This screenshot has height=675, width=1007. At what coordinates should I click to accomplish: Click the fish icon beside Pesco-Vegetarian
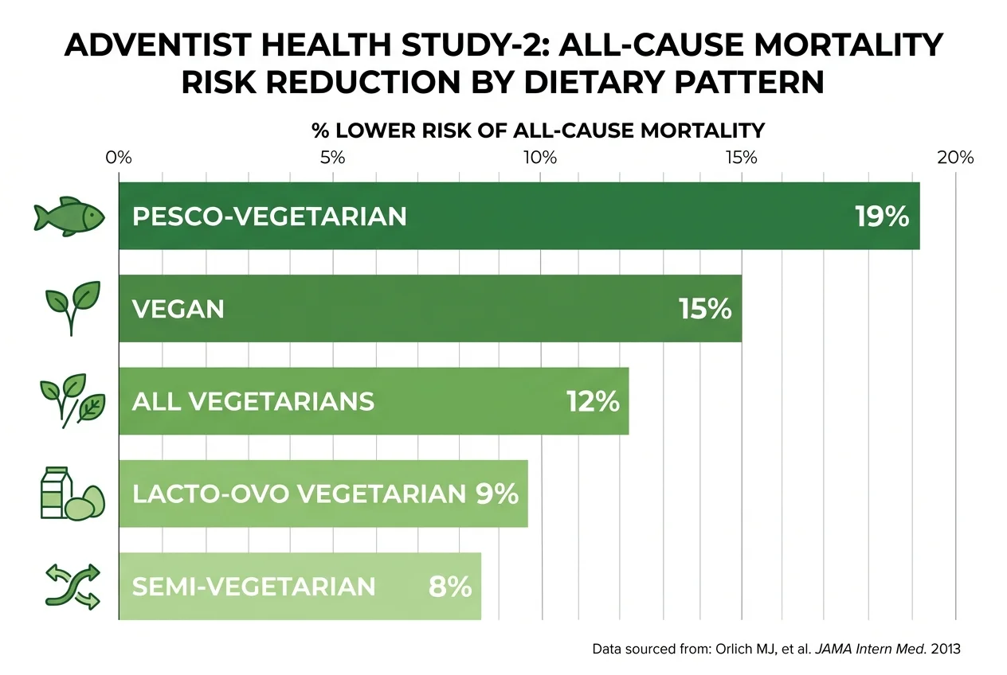click(x=70, y=216)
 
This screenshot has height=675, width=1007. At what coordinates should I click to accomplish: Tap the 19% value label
click(x=882, y=217)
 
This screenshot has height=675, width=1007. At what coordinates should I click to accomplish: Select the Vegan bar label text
click(x=178, y=309)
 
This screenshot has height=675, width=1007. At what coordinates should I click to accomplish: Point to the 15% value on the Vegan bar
click(x=705, y=309)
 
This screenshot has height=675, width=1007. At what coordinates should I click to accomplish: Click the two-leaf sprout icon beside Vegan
click(x=71, y=307)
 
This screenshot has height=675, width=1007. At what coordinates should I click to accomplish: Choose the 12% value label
click(x=593, y=401)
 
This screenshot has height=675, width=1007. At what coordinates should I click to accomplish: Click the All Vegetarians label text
click(x=253, y=401)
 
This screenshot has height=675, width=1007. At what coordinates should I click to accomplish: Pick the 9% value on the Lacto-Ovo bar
click(x=497, y=494)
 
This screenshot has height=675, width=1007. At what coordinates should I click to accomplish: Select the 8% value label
click(x=450, y=587)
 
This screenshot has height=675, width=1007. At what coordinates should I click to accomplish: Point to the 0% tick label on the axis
click(x=119, y=157)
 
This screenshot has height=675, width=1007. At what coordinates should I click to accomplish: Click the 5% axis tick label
click(x=331, y=157)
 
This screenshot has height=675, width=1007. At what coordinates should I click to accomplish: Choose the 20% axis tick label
click(x=955, y=157)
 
